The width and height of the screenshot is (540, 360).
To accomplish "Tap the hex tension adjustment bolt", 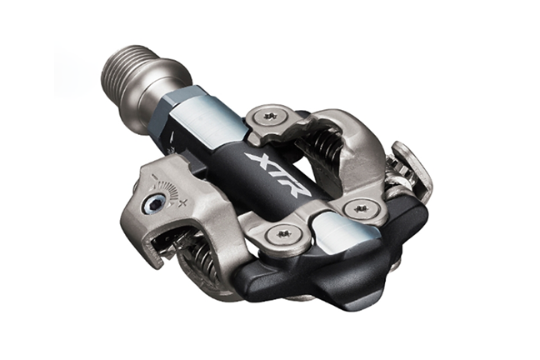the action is click(x=152, y=205).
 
